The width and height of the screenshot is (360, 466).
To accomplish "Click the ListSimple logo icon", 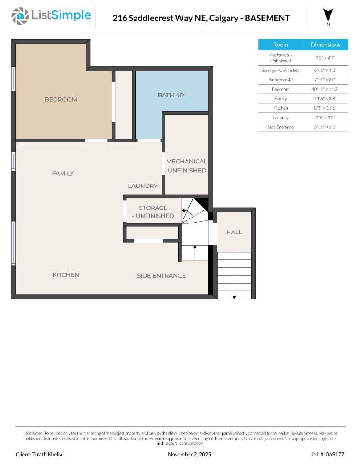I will point(20,16).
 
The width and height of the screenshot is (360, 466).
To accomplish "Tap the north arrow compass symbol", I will point(328,15).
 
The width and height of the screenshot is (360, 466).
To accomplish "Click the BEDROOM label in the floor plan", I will point(61,100).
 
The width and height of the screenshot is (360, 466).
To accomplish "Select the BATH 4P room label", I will point(171,95).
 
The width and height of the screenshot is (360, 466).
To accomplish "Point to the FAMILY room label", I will point(63,173).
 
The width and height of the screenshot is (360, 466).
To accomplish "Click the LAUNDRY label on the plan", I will point(143,186).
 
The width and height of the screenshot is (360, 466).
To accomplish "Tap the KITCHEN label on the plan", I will point(66,275).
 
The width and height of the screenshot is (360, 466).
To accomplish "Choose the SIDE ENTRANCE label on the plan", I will point(161,276).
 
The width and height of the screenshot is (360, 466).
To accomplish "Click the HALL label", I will point(234,232).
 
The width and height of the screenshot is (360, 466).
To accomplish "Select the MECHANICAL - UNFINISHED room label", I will point(187,166).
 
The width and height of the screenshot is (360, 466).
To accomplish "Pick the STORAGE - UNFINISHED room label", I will point(153,212).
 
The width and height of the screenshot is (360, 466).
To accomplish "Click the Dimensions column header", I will point(325,45).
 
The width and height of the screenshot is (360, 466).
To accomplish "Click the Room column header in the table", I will point(280,45).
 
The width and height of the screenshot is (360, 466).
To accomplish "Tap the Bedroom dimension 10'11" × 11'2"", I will point(325,89).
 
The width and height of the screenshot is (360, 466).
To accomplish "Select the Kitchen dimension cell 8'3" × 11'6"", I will point(325,108).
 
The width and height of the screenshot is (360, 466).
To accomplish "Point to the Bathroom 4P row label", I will point(280,80).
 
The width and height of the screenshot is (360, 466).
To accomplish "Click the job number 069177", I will point(334,454).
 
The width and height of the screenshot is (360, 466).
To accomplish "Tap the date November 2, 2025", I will point(189,454).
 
